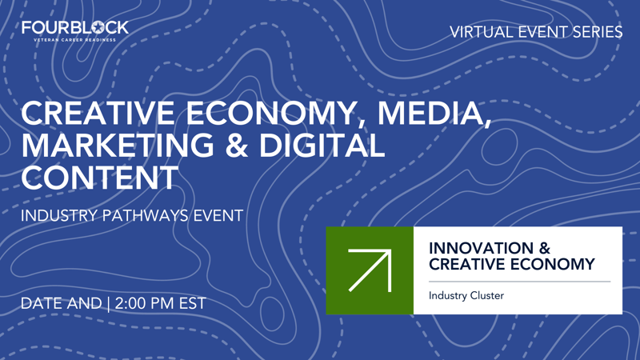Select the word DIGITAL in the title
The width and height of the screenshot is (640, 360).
pyautogui.click(x=327, y=146)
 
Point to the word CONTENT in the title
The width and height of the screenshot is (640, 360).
pyautogui.click(x=99, y=177)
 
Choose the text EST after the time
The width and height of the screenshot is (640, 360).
pyautogui.click(x=192, y=303)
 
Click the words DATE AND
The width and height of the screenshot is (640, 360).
pyautogui.click(x=61, y=303)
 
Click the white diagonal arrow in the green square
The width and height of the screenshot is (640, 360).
pyautogui.click(x=370, y=270)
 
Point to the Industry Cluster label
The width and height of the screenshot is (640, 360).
pyautogui.click(x=466, y=296)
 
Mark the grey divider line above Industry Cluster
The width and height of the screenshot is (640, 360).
pyautogui.click(x=519, y=282)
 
